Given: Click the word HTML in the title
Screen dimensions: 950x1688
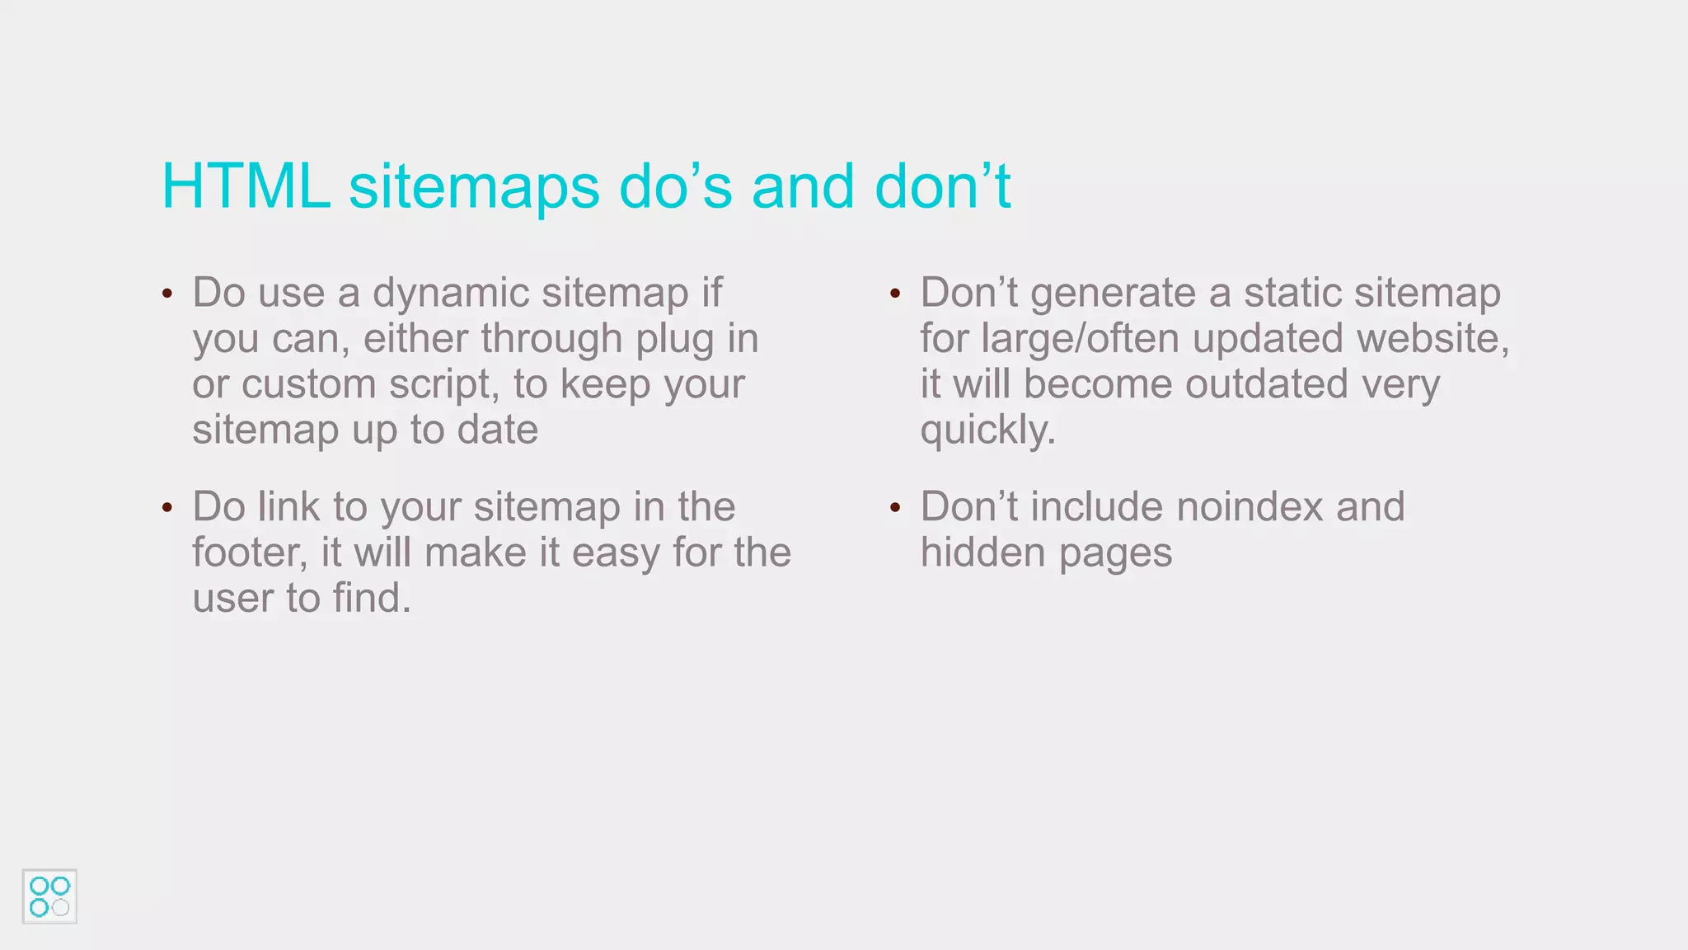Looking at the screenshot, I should (246, 186).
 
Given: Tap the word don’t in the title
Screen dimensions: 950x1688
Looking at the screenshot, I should (942, 186).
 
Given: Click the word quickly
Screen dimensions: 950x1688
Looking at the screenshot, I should (987, 430).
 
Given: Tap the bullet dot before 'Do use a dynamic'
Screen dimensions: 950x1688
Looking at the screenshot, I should (167, 294).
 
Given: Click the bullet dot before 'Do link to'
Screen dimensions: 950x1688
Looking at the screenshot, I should (167, 507).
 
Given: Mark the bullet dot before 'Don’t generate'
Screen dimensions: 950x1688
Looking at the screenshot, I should (895, 294).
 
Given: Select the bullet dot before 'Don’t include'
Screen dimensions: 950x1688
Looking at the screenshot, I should (895, 507).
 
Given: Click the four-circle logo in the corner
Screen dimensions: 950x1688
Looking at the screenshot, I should (49, 896).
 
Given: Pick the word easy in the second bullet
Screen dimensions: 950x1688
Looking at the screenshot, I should (616, 553).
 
